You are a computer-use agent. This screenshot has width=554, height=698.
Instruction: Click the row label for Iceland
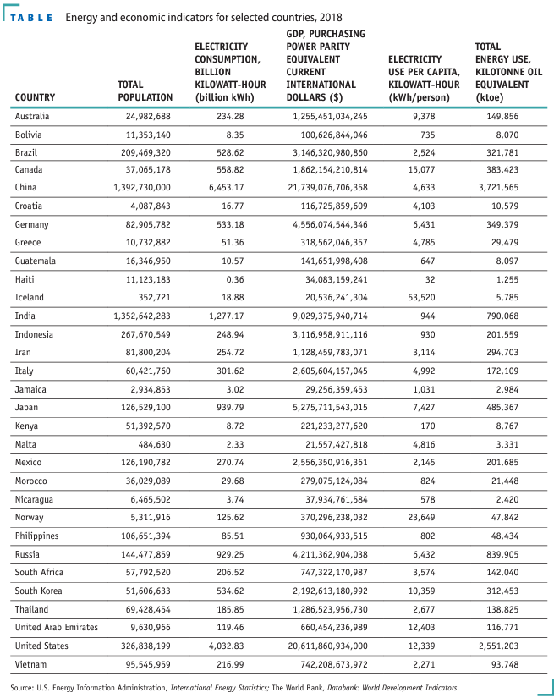[x=30, y=298]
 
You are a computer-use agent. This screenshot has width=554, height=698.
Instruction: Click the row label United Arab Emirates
[x=56, y=628]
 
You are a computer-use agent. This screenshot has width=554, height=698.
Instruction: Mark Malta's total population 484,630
[x=151, y=444]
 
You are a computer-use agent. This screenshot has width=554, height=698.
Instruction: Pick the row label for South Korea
[x=40, y=591]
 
